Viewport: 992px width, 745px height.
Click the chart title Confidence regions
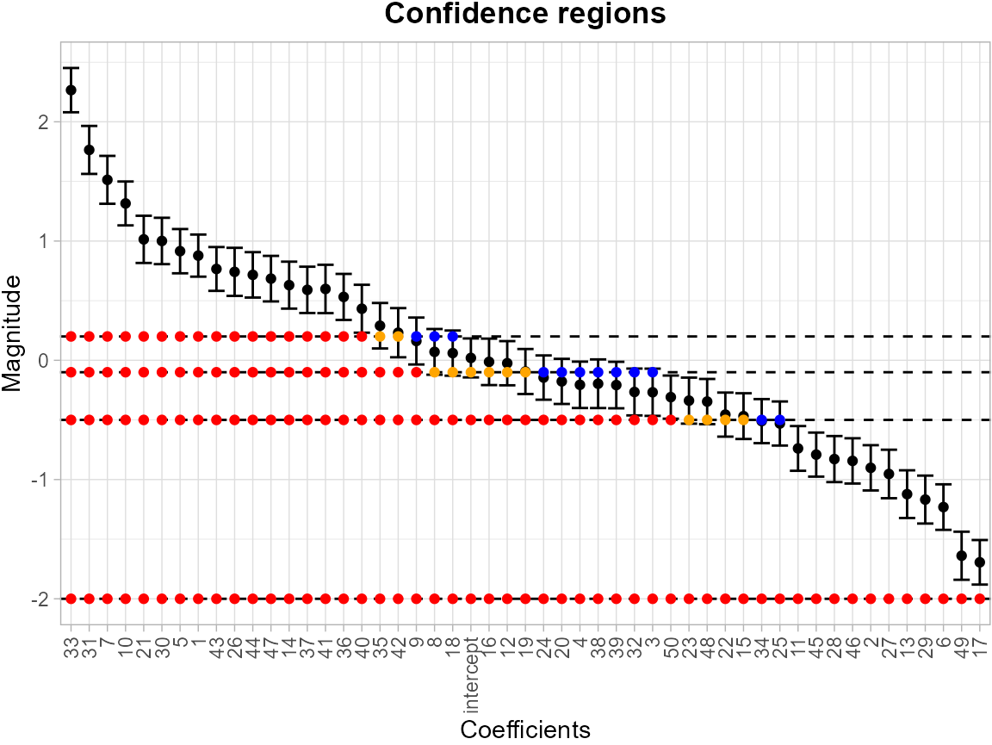(x=525, y=15)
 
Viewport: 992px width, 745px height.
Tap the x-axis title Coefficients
(x=525, y=729)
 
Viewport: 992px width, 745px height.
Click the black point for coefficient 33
(x=71, y=90)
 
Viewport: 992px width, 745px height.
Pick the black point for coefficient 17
(x=979, y=562)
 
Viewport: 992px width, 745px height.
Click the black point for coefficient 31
(x=89, y=150)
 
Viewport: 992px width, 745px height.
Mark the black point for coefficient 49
(x=961, y=556)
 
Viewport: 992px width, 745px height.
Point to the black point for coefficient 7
(x=107, y=180)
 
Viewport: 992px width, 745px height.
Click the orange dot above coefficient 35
(x=380, y=336)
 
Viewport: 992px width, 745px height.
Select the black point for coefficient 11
(x=797, y=449)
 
